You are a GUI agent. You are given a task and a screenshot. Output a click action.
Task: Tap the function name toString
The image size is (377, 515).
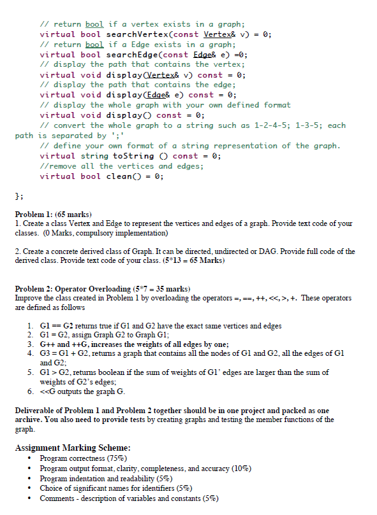click(133, 156)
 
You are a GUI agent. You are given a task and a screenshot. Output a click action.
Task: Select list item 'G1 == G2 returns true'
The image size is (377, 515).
click(159, 326)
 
